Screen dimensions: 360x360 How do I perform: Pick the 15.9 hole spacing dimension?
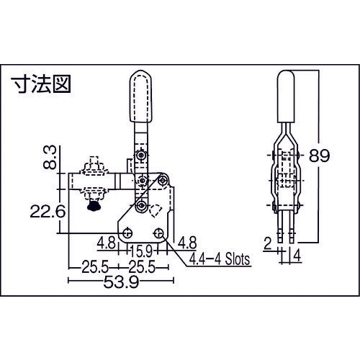click(140, 251)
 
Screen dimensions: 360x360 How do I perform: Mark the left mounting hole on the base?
click(127, 233)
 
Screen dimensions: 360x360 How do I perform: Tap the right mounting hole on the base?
click(158, 232)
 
